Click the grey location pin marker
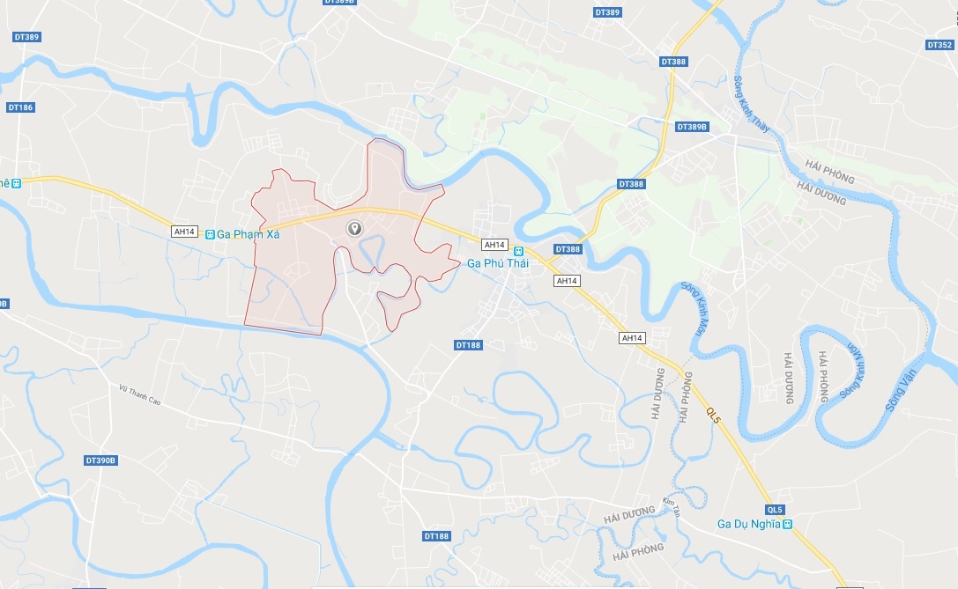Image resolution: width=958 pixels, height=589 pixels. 354,229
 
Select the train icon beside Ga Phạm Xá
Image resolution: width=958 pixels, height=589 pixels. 209,234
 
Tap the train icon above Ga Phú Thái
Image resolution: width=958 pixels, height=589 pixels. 518,250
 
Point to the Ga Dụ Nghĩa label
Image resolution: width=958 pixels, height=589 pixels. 748,524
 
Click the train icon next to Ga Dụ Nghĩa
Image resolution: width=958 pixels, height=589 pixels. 788,524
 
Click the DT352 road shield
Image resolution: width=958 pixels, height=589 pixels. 939,45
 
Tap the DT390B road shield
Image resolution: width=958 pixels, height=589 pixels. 101,460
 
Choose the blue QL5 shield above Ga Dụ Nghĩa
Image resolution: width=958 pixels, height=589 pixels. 775,510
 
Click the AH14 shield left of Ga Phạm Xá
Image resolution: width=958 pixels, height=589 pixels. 184,231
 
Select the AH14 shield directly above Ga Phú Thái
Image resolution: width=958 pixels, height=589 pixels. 494,245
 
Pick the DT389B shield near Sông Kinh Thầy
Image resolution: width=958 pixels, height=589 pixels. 693,127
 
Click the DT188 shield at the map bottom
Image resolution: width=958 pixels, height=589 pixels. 436,535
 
